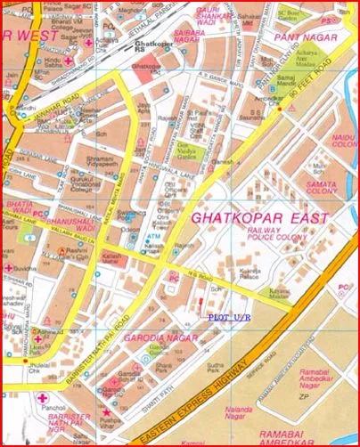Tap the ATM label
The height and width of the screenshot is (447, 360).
coord(153,237)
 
